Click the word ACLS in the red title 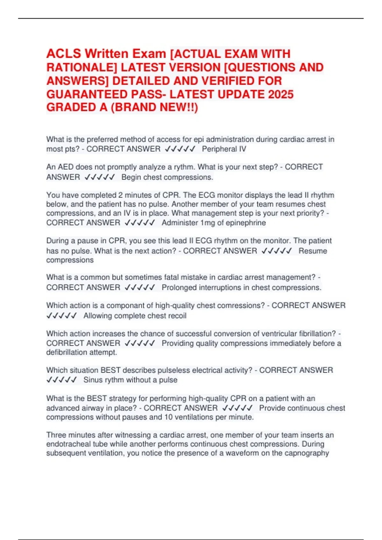pos(64,54)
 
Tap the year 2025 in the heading pos(280,94)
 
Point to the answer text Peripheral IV pos(224,149)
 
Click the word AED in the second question pos(66,167)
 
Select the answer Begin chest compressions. pos(167,177)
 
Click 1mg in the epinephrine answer pos(208,223)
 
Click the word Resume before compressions pos(313,251)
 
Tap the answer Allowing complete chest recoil pos(135,316)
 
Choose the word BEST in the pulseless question pos(110,370)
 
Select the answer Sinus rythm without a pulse pos(130,380)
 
